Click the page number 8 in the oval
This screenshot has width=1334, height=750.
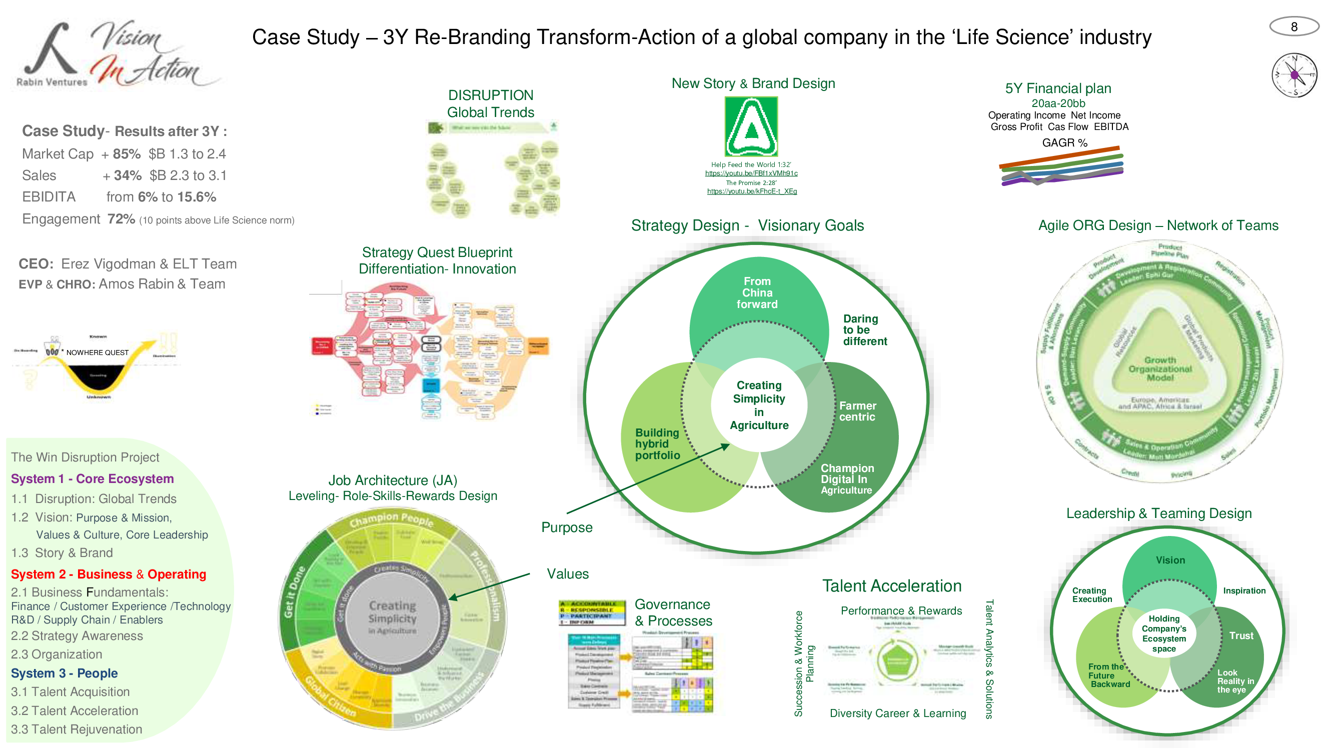tap(1293, 26)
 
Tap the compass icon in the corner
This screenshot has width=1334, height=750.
tap(1294, 75)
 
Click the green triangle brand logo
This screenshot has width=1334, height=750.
tap(751, 127)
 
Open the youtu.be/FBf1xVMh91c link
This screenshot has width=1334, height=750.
tap(751, 173)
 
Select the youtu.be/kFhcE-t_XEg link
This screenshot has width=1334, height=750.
tap(751, 191)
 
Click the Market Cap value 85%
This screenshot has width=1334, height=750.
tap(127, 154)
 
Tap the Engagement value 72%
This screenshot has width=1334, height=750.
tap(121, 219)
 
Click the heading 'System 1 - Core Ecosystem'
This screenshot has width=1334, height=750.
tap(92, 479)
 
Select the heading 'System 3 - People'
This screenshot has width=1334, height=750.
tap(64, 673)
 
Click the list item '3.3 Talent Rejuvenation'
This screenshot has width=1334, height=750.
tap(76, 729)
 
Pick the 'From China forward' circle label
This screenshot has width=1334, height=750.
tap(757, 293)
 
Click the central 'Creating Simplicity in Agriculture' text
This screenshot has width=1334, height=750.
tap(759, 405)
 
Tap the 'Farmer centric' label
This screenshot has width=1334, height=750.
tap(857, 411)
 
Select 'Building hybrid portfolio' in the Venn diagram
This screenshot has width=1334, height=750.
tap(657, 444)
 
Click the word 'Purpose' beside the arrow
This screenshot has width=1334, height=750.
tap(567, 527)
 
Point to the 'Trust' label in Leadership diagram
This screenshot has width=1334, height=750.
tap(1241, 636)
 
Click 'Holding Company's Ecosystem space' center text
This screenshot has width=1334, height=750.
tap(1163, 633)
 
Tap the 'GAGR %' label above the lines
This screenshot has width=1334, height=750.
tap(1064, 143)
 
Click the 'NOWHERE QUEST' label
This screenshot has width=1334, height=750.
tap(98, 353)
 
